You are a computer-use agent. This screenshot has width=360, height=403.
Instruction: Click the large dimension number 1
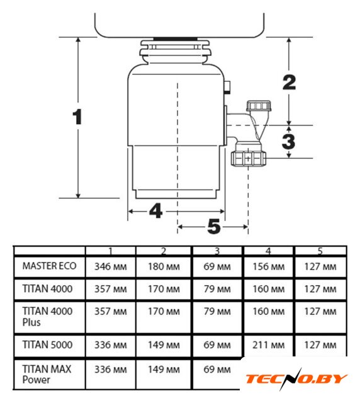(x=77, y=117)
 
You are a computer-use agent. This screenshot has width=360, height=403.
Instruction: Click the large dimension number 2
(x=290, y=82)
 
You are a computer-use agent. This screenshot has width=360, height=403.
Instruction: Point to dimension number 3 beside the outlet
(x=288, y=141)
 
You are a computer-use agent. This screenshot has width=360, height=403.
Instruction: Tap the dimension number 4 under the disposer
(x=155, y=210)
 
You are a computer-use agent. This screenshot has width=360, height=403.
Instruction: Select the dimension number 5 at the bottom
(x=214, y=227)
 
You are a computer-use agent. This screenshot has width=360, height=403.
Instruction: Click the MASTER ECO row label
(x=49, y=266)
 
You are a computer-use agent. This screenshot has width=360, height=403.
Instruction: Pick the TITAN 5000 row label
(x=47, y=344)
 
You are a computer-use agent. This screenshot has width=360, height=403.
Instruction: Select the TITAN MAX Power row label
(x=47, y=374)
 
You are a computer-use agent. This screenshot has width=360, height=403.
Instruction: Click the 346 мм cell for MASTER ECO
(x=111, y=266)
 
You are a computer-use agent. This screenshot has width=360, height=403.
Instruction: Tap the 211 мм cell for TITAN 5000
(x=269, y=345)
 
